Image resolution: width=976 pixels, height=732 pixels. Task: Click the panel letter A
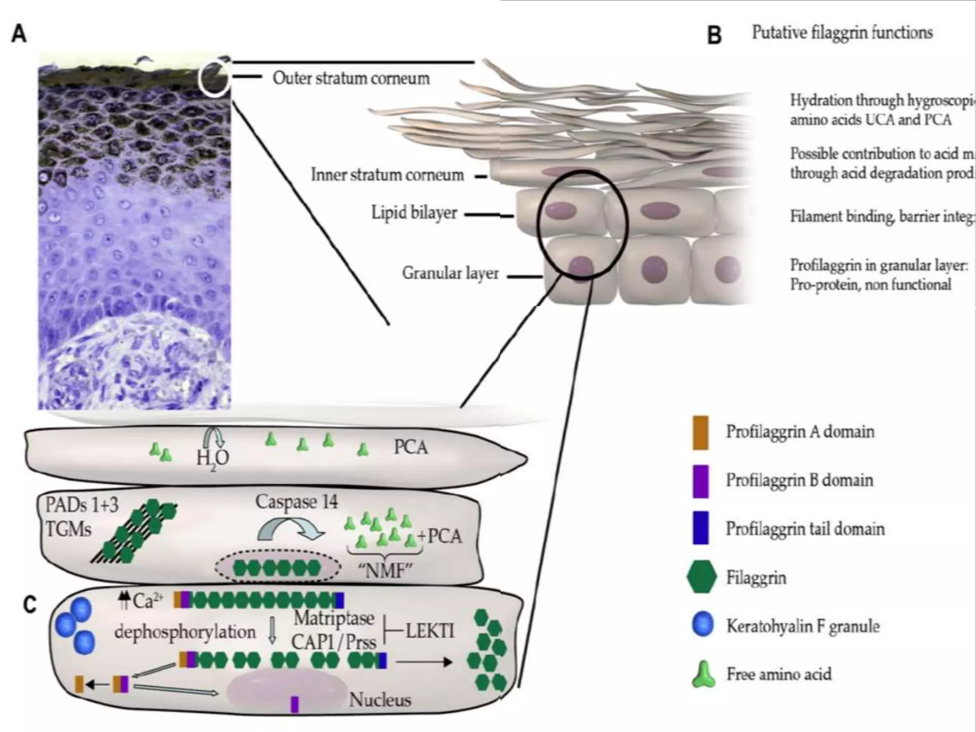(x=19, y=34)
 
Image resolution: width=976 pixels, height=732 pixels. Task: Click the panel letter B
(x=714, y=35)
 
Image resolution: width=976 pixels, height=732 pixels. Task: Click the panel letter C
(x=30, y=605)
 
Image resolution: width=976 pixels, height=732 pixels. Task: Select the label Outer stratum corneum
(x=351, y=78)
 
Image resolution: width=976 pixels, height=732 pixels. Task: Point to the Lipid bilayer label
(x=414, y=213)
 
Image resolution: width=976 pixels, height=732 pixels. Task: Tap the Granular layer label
(x=450, y=273)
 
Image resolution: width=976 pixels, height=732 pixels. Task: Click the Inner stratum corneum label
(x=387, y=175)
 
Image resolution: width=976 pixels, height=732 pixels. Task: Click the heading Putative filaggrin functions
(x=842, y=33)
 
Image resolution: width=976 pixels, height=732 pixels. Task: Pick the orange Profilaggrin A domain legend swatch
(x=700, y=433)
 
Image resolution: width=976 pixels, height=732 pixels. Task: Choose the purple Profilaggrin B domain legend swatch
(x=700, y=481)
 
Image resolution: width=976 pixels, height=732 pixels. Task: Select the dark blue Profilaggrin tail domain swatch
(x=700, y=528)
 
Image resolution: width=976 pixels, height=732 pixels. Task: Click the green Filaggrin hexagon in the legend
(x=701, y=577)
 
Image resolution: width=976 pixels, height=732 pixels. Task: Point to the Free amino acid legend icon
(x=703, y=674)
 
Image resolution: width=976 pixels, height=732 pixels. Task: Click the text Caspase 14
(x=296, y=502)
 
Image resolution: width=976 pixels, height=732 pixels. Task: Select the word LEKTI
(x=429, y=631)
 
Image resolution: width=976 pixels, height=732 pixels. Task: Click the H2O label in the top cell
(x=213, y=458)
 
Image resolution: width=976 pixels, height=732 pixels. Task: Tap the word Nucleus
(x=380, y=700)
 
